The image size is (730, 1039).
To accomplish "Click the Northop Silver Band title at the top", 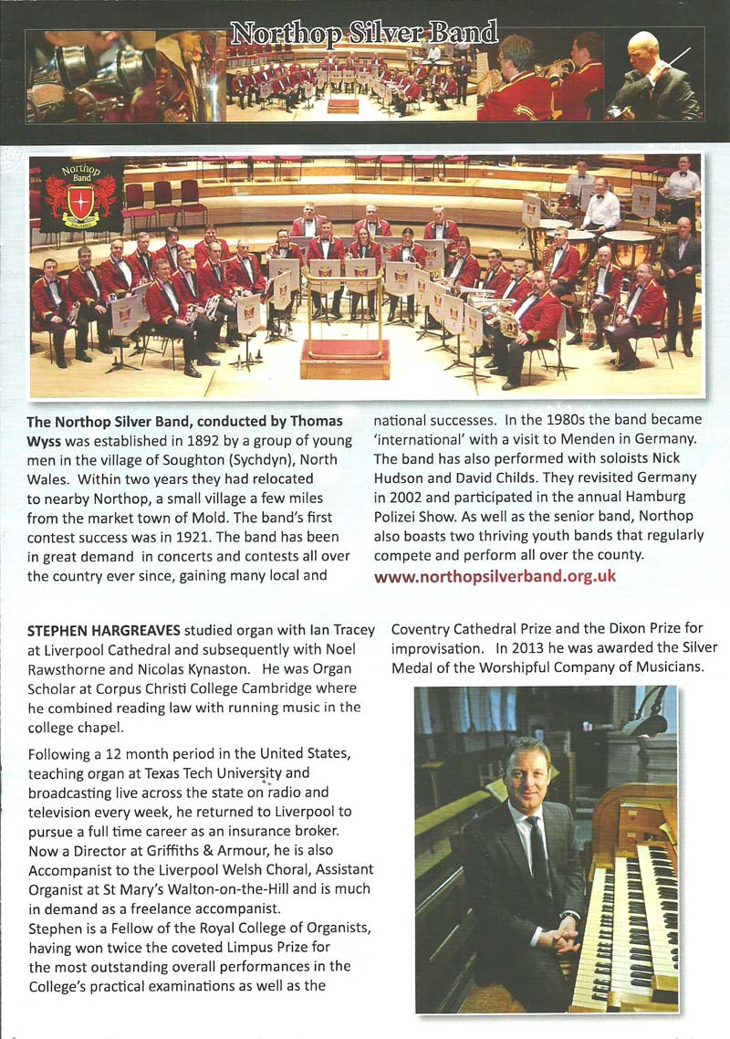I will click(364, 35).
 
